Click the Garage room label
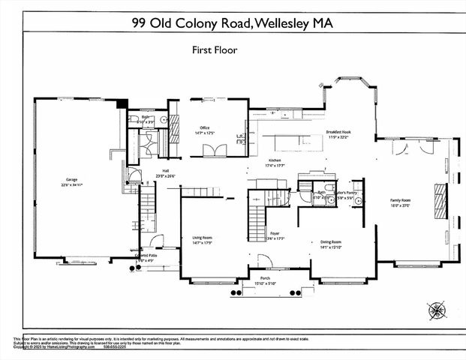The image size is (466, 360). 72,181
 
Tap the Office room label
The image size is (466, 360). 204,127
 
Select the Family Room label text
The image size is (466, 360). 400,200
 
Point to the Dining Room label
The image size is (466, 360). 330,242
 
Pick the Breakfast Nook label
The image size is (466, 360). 338,132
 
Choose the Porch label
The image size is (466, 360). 265,278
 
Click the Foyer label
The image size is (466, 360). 275,234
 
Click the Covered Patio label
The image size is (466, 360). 146,256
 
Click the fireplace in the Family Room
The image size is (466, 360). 437,201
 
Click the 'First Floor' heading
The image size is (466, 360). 215,50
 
